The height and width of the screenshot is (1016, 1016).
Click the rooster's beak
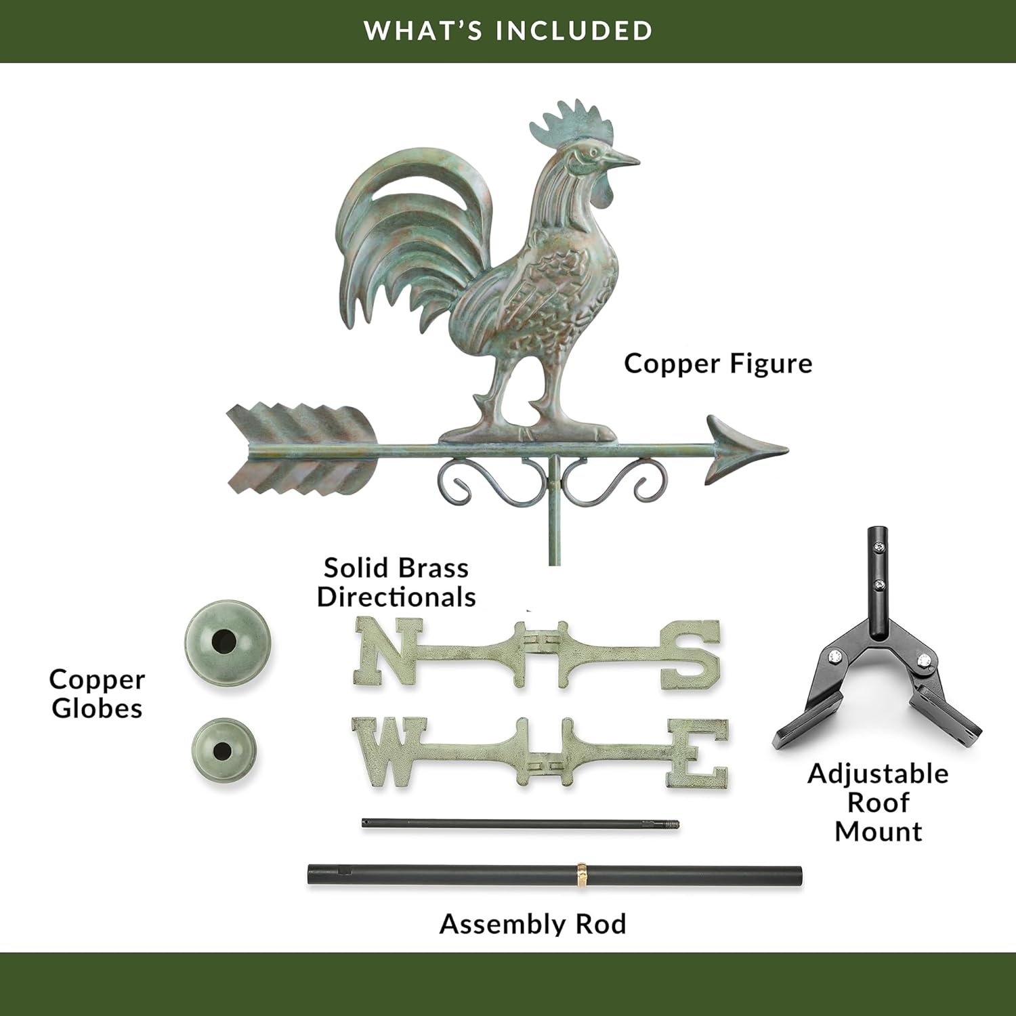coord(627,160)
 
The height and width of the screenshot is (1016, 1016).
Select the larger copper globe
coord(228,640)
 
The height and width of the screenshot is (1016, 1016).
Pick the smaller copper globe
coord(224,750)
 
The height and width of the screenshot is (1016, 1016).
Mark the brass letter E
coord(698,754)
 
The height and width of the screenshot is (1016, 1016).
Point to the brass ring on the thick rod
coord(582,874)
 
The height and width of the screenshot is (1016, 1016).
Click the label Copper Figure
coord(718,364)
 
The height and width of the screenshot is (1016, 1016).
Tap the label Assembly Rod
coord(532,924)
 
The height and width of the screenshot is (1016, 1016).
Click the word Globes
coord(97,708)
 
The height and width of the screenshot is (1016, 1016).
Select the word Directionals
coord(396,597)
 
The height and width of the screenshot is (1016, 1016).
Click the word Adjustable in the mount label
coord(878,774)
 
